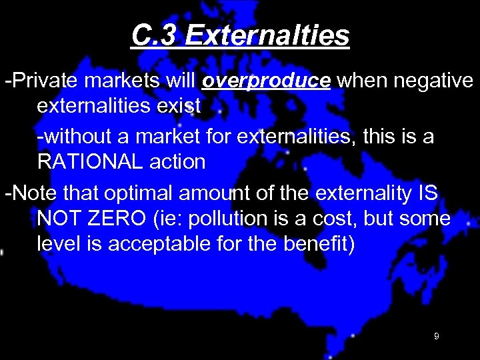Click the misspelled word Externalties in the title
coord(267,36)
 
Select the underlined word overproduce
coord(266,81)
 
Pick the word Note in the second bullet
coord(33,194)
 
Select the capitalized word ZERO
coord(131,219)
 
